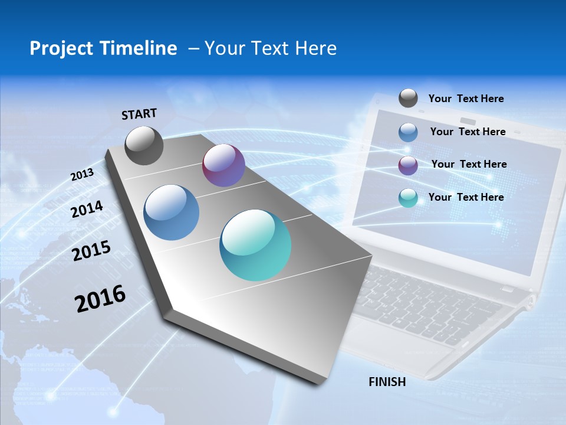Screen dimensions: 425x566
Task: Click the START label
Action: [139, 114]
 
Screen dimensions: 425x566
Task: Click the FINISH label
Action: [387, 382]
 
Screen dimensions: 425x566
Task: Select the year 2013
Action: [82, 175]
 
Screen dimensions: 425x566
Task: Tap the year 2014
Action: [87, 210]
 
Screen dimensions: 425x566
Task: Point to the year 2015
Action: [91, 251]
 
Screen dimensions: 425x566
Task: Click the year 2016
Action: [100, 299]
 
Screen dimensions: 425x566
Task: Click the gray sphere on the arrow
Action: [144, 146]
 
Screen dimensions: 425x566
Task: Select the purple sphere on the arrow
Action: [223, 166]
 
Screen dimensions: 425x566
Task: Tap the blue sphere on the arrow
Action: [171, 212]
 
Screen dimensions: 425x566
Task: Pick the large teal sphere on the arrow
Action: [255, 245]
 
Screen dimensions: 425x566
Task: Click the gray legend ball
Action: [408, 99]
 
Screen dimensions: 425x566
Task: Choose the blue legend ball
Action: [408, 132]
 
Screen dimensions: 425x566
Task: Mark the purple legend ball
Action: [408, 165]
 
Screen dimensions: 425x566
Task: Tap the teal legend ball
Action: [408, 198]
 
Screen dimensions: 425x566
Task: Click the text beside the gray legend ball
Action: [466, 99]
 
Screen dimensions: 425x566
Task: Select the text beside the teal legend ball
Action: [466, 197]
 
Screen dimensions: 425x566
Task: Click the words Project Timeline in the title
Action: [103, 48]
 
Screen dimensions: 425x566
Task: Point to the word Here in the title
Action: [315, 48]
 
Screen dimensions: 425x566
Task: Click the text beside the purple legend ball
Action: [469, 164]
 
